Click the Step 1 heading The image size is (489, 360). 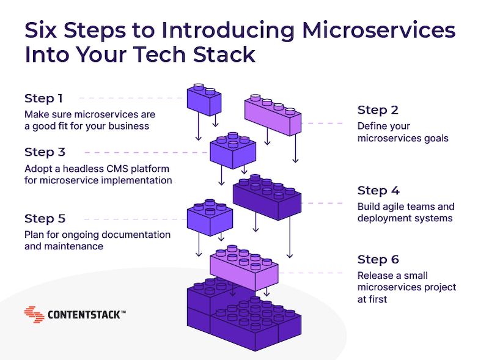pyautogui.click(x=43, y=98)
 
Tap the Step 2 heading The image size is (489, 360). pyautogui.click(x=378, y=110)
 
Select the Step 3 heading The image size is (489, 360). pyautogui.click(x=45, y=152)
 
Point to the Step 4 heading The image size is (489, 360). pyautogui.click(x=378, y=190)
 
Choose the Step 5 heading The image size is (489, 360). pyautogui.click(x=45, y=218)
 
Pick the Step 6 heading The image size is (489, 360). pyautogui.click(x=378, y=259)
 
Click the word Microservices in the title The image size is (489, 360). pyautogui.click(x=379, y=31)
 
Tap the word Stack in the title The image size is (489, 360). pyautogui.click(x=224, y=54)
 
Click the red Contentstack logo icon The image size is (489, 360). pyautogui.click(x=34, y=314)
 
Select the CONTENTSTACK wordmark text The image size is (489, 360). pyautogui.click(x=87, y=315)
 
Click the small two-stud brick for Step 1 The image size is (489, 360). pyautogui.click(x=204, y=100)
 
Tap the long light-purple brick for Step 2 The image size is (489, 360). pyautogui.click(x=273, y=115)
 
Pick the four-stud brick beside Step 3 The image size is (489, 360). pyautogui.click(x=233, y=151)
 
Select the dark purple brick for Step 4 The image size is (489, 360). pyautogui.click(x=267, y=197)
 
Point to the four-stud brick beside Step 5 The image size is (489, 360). pyautogui.click(x=210, y=218)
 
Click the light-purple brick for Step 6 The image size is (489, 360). pyautogui.click(x=244, y=268)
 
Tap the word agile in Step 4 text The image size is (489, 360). pyautogui.click(x=395, y=207)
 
